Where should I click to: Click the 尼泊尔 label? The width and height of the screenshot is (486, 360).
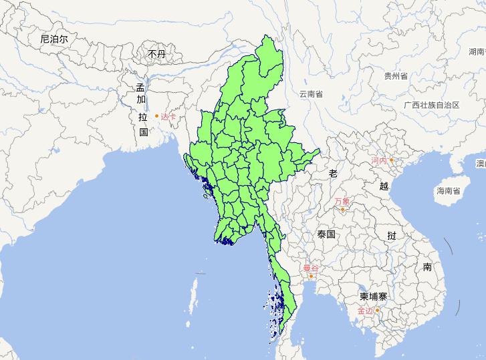click(53, 39)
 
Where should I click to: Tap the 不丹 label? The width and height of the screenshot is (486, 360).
click(156, 53)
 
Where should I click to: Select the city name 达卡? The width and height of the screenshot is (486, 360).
click(169, 117)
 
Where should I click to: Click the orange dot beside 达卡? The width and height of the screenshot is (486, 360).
click(157, 116)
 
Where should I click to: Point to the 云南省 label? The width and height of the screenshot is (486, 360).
click(311, 94)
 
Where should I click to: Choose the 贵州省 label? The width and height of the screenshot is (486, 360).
click(396, 76)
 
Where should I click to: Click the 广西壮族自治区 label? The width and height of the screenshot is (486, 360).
click(432, 106)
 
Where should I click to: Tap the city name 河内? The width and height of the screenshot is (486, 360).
click(379, 161)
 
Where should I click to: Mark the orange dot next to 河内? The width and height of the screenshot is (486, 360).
click(392, 160)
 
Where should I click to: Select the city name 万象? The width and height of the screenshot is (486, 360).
click(342, 201)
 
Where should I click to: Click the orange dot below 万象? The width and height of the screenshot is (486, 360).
click(342, 210)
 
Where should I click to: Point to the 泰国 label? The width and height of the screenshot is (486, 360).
click(327, 234)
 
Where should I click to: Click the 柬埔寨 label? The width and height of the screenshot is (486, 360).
click(372, 297)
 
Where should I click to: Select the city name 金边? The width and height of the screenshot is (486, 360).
click(366, 311)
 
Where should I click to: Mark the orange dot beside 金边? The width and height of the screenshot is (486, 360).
click(378, 310)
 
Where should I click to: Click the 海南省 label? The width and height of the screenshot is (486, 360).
click(448, 191)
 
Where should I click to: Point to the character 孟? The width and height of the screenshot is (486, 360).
click(140, 87)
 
